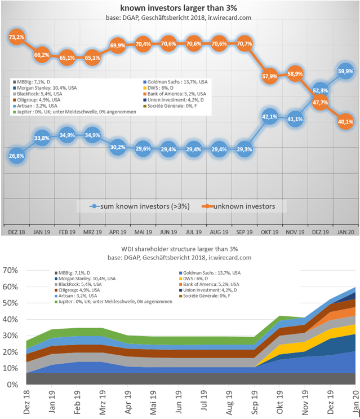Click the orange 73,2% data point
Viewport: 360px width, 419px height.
[x=16, y=37]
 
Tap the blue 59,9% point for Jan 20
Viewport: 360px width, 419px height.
[x=345, y=72]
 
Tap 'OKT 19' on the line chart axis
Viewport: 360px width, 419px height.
[x=268, y=232]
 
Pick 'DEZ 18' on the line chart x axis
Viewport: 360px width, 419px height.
[x=17, y=232]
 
